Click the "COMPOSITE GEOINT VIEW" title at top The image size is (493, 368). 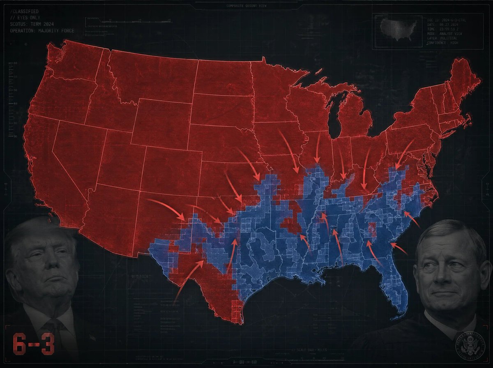pos(246,6)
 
